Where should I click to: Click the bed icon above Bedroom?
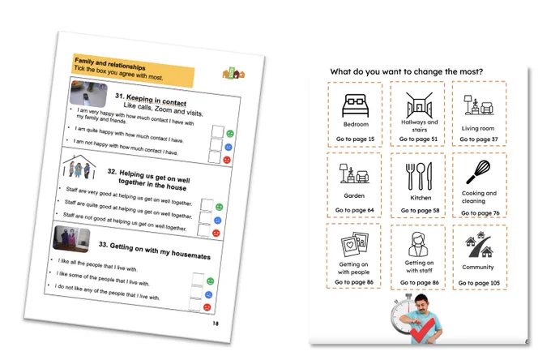tap(355, 105)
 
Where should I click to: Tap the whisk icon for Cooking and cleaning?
tap(478, 172)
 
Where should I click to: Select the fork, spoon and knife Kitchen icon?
tap(419, 176)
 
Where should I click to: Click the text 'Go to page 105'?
tap(479, 283)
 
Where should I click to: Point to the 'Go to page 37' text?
tap(479, 139)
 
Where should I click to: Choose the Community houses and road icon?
tap(479, 245)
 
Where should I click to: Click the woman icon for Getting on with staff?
tap(418, 244)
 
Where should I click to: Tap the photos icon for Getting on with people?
tap(355, 244)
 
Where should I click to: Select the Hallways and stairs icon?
tap(419, 105)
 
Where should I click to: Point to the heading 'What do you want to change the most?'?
tap(407, 71)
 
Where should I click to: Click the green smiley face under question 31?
tap(230, 134)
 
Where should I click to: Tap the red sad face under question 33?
tap(207, 307)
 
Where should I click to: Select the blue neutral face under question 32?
tap(217, 221)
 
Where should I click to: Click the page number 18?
tap(216, 324)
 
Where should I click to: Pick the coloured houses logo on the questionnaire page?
tap(233, 73)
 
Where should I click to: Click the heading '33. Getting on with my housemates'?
tap(155, 251)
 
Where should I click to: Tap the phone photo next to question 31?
tap(88, 94)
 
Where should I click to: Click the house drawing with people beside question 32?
tap(79, 167)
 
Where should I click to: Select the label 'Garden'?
tap(354, 196)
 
